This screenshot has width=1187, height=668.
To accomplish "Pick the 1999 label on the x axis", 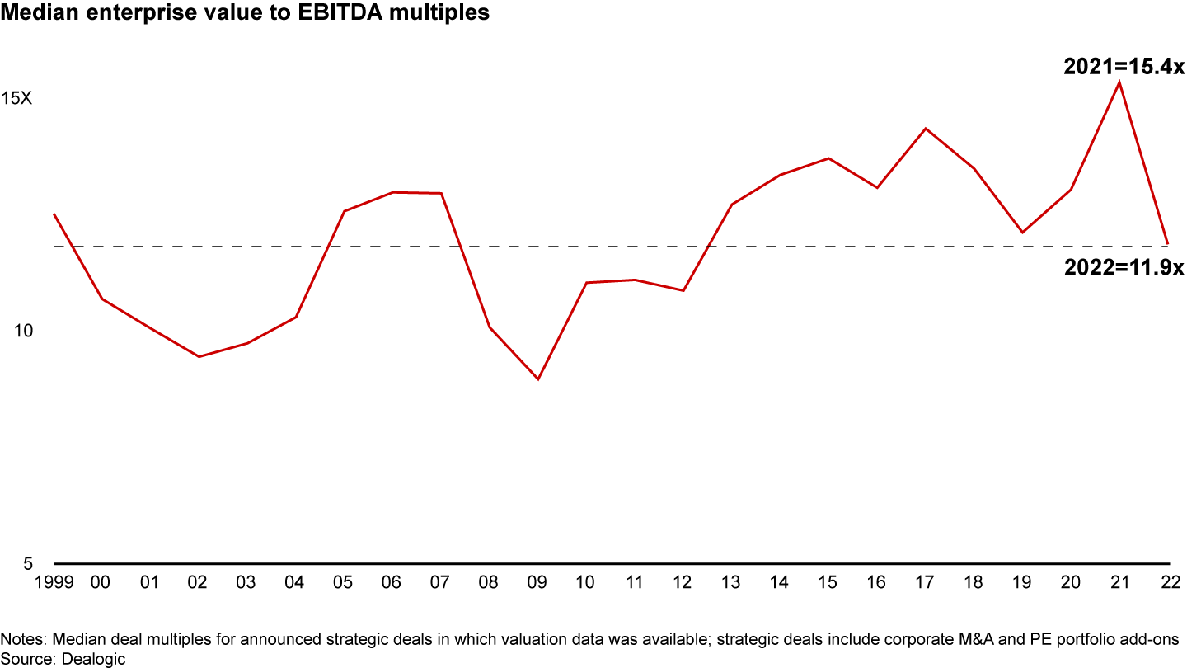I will (54, 582).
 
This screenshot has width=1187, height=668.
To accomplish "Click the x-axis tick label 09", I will (537, 582).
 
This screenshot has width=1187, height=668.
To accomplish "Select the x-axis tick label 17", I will (924, 582).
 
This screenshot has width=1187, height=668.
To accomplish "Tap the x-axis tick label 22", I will (1166, 582).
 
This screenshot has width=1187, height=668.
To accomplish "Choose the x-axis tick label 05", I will (344, 582).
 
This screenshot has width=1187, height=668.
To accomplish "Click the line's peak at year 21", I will (1119, 81).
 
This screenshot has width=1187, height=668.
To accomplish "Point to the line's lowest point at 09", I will (538, 379).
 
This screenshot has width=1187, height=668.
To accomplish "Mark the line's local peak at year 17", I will (925, 129).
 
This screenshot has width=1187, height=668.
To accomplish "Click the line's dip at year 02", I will (199, 357).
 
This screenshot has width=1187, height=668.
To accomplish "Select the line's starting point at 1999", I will (54, 214).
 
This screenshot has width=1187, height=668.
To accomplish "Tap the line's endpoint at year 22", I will (1167, 244).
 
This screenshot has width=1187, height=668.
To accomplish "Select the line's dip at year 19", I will (1022, 233).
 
